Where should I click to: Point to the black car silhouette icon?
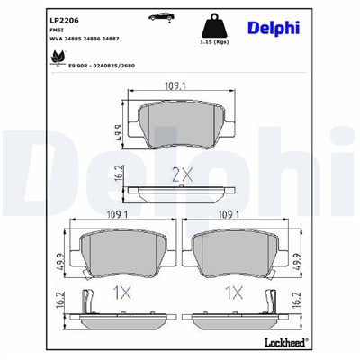[164, 17]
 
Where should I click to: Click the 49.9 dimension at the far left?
[61, 260]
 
